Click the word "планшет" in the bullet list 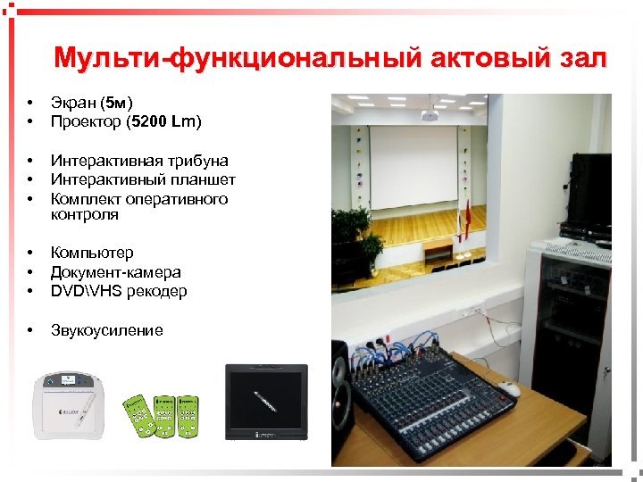(205, 179)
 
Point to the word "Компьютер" (92, 253)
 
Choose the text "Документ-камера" (115, 272)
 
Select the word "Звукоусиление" (106, 330)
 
